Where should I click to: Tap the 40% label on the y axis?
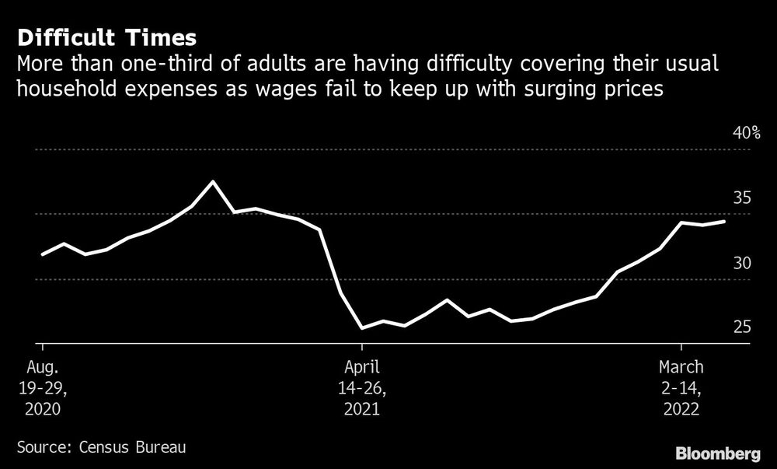coord(747,133)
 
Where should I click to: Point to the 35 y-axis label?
coord(742,198)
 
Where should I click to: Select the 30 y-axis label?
coord(742,263)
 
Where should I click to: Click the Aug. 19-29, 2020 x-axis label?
coord(40,387)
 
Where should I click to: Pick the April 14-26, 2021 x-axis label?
coord(362,387)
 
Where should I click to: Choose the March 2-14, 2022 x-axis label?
coord(681,387)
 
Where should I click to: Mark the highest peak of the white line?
coord(213,182)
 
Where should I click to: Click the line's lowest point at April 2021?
coord(362,328)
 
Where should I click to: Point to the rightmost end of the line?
coord(725,222)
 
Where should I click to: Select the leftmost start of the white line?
coord(42,254)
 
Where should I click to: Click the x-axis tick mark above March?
coord(681,347)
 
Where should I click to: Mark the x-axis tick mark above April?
coord(362,347)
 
